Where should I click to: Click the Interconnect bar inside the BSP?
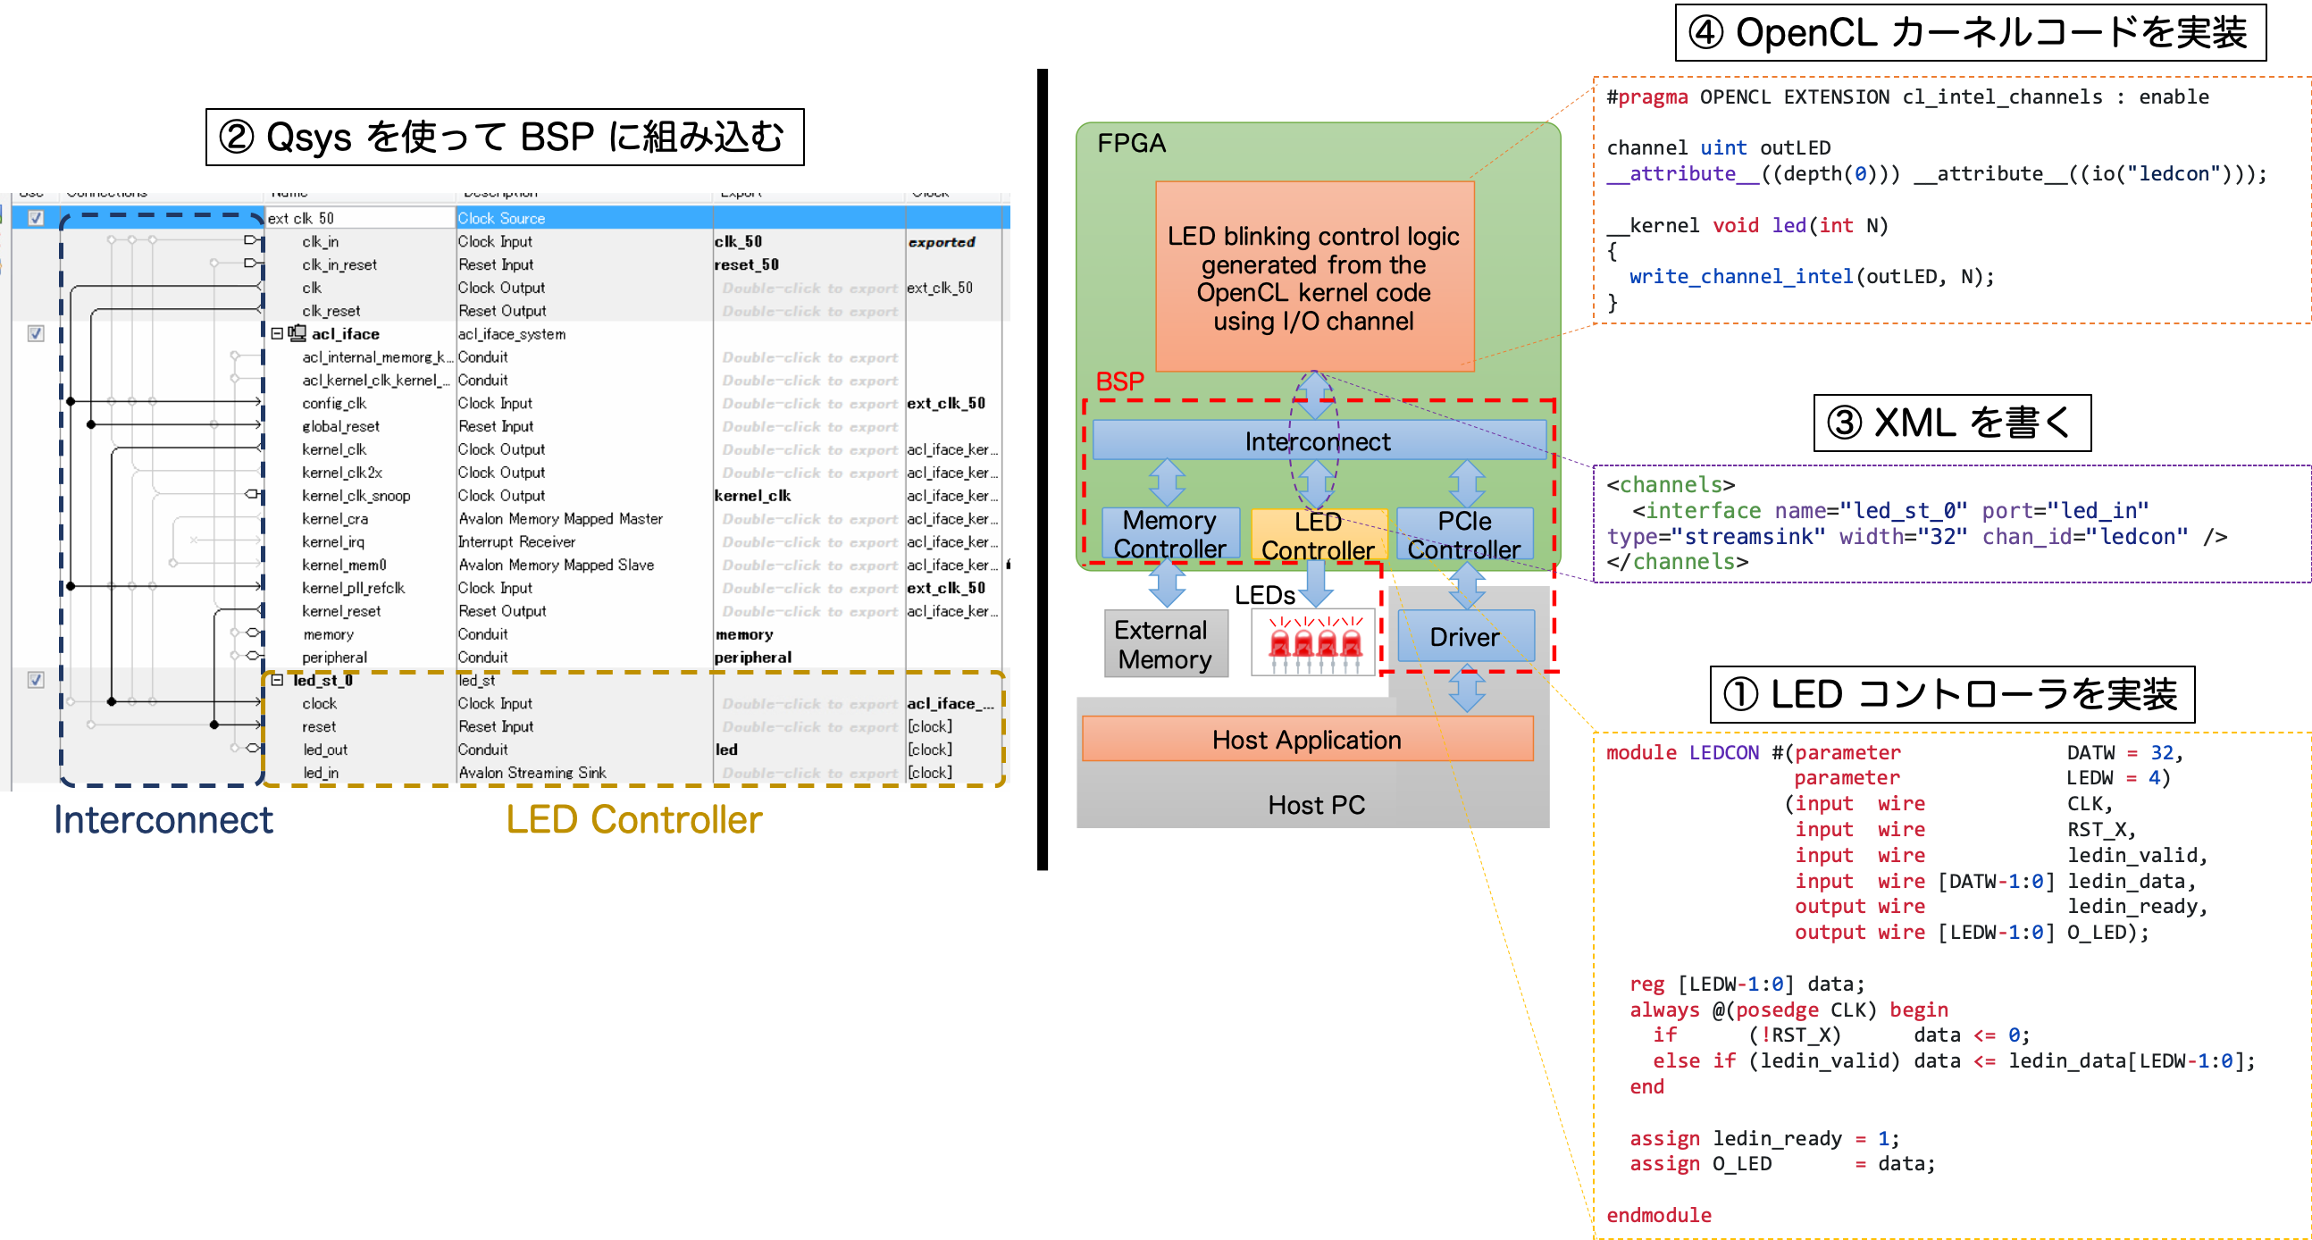(1318, 441)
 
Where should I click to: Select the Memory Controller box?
(1169, 534)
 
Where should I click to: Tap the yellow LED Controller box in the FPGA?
(1318, 535)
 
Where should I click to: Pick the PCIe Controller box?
(1464, 534)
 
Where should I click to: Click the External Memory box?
(1164, 644)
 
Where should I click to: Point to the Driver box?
(1464, 637)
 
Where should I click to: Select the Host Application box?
(1306, 740)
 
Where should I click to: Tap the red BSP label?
(1119, 382)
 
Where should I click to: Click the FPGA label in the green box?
(1131, 144)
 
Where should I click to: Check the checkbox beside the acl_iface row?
(36, 334)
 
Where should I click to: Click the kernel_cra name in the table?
(335, 519)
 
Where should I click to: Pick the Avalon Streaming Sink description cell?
(532, 773)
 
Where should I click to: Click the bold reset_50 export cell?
(746, 264)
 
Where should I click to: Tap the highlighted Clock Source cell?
(501, 218)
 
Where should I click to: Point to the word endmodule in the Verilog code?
(1658, 1215)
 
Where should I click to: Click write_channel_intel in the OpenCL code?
(1740, 276)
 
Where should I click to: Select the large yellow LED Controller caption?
(633, 819)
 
